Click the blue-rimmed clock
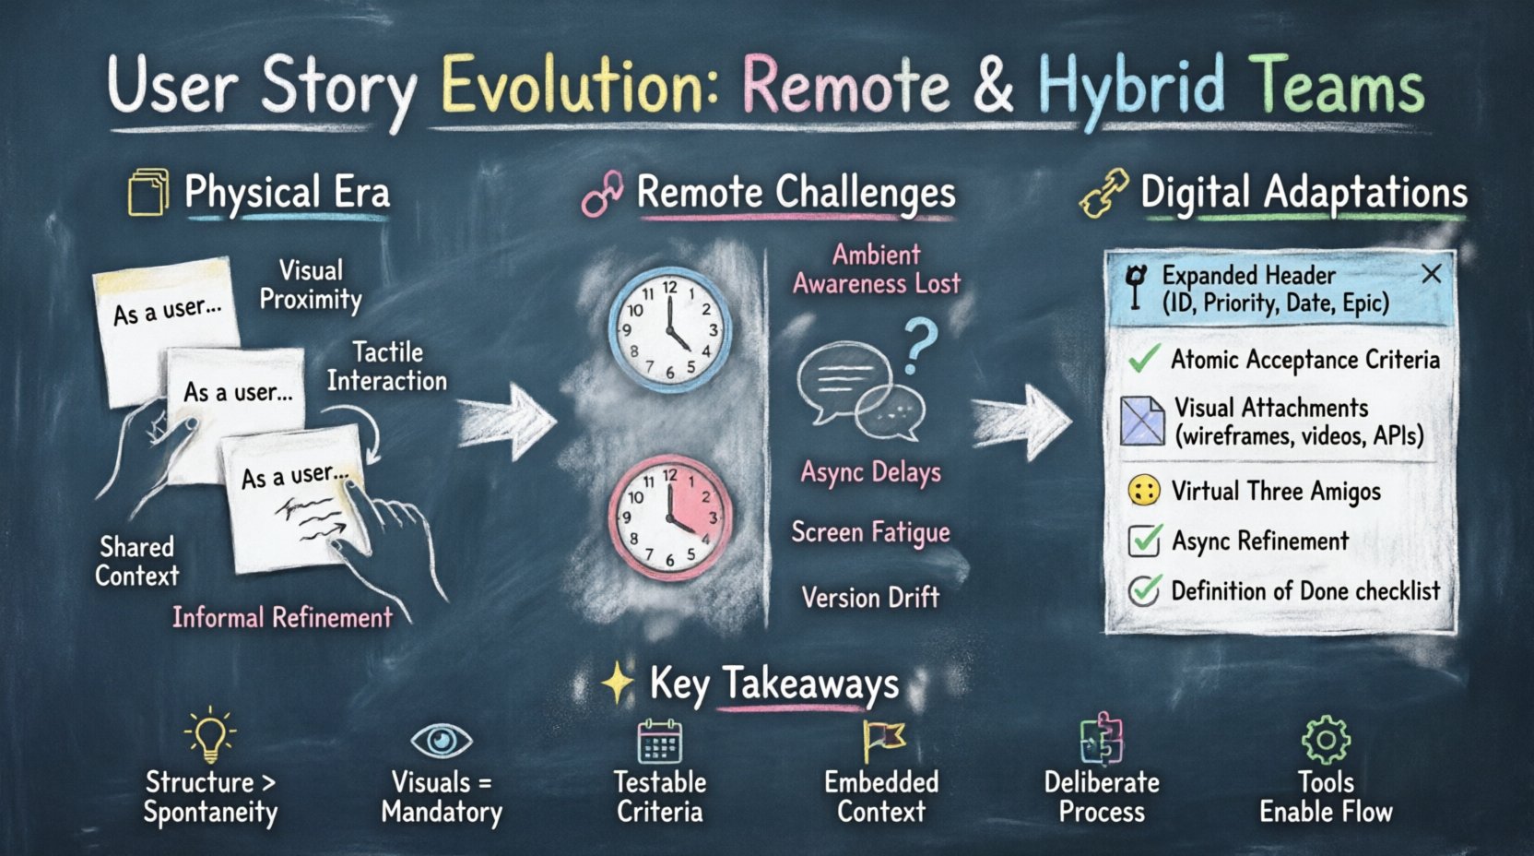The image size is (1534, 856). pyautogui.click(x=670, y=330)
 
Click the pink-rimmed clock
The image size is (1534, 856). pyautogui.click(x=670, y=516)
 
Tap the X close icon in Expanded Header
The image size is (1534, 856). pyautogui.click(x=1431, y=274)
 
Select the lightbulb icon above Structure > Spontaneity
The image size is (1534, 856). pyautogui.click(x=210, y=735)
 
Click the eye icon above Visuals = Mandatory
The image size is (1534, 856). pyautogui.click(x=441, y=740)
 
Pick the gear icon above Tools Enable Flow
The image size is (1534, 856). pyautogui.click(x=1326, y=740)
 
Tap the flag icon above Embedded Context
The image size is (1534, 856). pyautogui.click(x=882, y=740)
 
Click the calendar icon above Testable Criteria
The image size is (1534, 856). pyautogui.click(x=660, y=742)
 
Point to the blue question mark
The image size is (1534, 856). pyautogui.click(x=920, y=345)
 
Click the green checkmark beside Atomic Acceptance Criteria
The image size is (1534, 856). pyautogui.click(x=1143, y=359)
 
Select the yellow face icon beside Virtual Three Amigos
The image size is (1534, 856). pyautogui.click(x=1144, y=491)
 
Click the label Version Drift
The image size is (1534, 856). pyautogui.click(x=870, y=598)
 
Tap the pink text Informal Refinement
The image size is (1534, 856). pyautogui.click(x=282, y=617)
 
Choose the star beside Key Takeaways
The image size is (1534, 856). pyautogui.click(x=617, y=684)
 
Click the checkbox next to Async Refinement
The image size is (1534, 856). pyautogui.click(x=1144, y=541)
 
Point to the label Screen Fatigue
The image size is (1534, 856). pyautogui.click(x=870, y=532)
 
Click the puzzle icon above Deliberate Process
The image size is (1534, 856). pyautogui.click(x=1101, y=739)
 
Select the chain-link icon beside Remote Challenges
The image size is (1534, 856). pyautogui.click(x=602, y=194)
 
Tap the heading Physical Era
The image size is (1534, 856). pyautogui.click(x=287, y=193)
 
